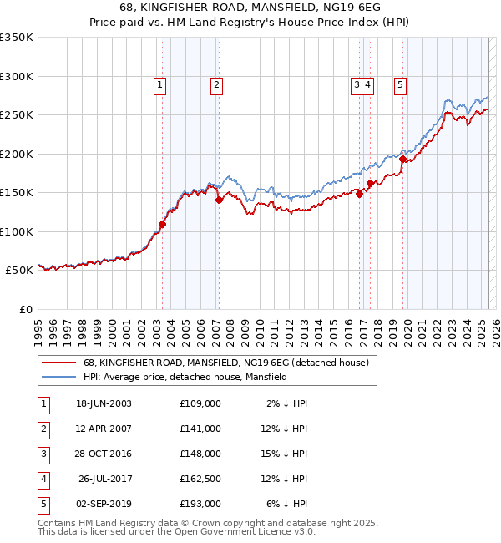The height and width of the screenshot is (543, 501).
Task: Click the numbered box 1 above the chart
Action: (159, 84)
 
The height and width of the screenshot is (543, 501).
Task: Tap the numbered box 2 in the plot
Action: (216, 84)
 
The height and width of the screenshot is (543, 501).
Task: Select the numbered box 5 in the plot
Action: (401, 84)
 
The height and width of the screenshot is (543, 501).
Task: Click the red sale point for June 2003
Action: (163, 224)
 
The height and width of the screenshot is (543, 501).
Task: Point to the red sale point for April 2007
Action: (219, 200)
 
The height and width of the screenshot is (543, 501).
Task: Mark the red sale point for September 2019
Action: (402, 159)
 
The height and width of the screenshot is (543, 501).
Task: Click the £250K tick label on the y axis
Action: (16, 115)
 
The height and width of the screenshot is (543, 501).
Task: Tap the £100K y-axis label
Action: (16, 231)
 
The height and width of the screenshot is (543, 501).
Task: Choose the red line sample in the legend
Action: (58, 363)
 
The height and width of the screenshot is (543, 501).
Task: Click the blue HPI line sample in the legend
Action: (58, 377)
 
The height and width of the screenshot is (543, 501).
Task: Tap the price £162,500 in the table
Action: (200, 479)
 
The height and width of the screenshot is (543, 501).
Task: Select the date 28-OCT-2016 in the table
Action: (104, 454)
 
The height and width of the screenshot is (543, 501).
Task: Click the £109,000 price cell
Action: (200, 403)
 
